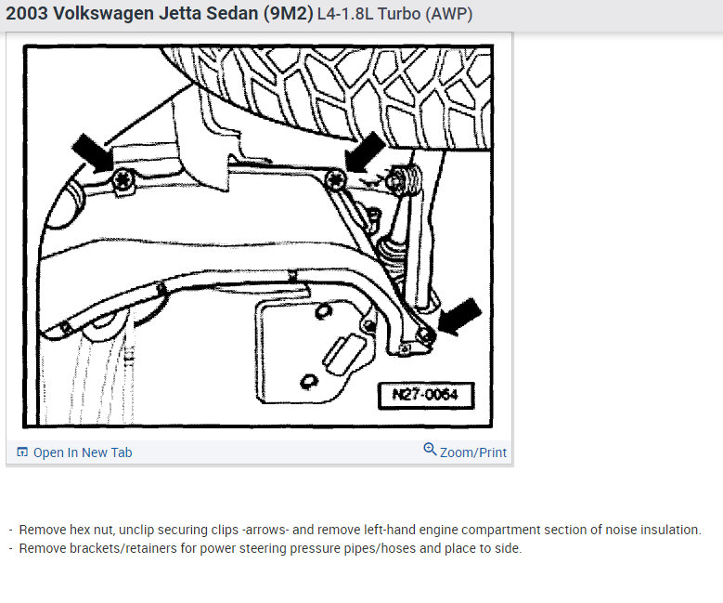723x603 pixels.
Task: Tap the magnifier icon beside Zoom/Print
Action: click(x=430, y=449)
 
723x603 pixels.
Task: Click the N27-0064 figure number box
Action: click(x=426, y=395)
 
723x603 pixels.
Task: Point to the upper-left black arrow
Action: click(x=93, y=152)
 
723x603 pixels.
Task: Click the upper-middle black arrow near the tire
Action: click(x=365, y=151)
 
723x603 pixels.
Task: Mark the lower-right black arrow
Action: click(x=459, y=316)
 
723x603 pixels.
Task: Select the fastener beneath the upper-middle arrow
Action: click(x=335, y=180)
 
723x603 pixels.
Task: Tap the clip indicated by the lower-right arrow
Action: click(x=425, y=335)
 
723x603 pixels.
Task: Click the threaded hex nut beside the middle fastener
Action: click(x=403, y=180)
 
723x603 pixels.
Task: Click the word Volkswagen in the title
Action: click(x=104, y=13)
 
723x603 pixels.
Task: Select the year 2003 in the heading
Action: click(x=27, y=13)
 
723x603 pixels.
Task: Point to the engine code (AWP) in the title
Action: click(x=448, y=14)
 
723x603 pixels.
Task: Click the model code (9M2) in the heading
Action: click(x=289, y=14)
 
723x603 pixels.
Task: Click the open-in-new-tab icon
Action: click(x=22, y=452)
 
